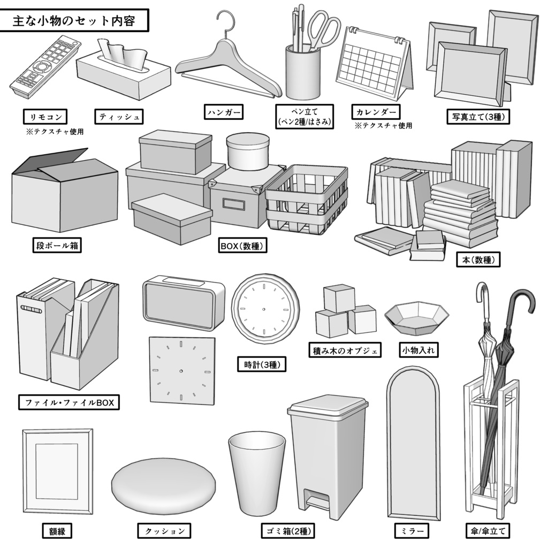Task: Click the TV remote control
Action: point(45,67)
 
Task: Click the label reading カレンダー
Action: point(376,112)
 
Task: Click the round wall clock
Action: point(264,309)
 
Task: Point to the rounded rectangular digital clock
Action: point(183,303)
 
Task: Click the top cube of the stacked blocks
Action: point(339,298)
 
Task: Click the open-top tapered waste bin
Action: point(256,471)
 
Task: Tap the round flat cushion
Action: point(163,484)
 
